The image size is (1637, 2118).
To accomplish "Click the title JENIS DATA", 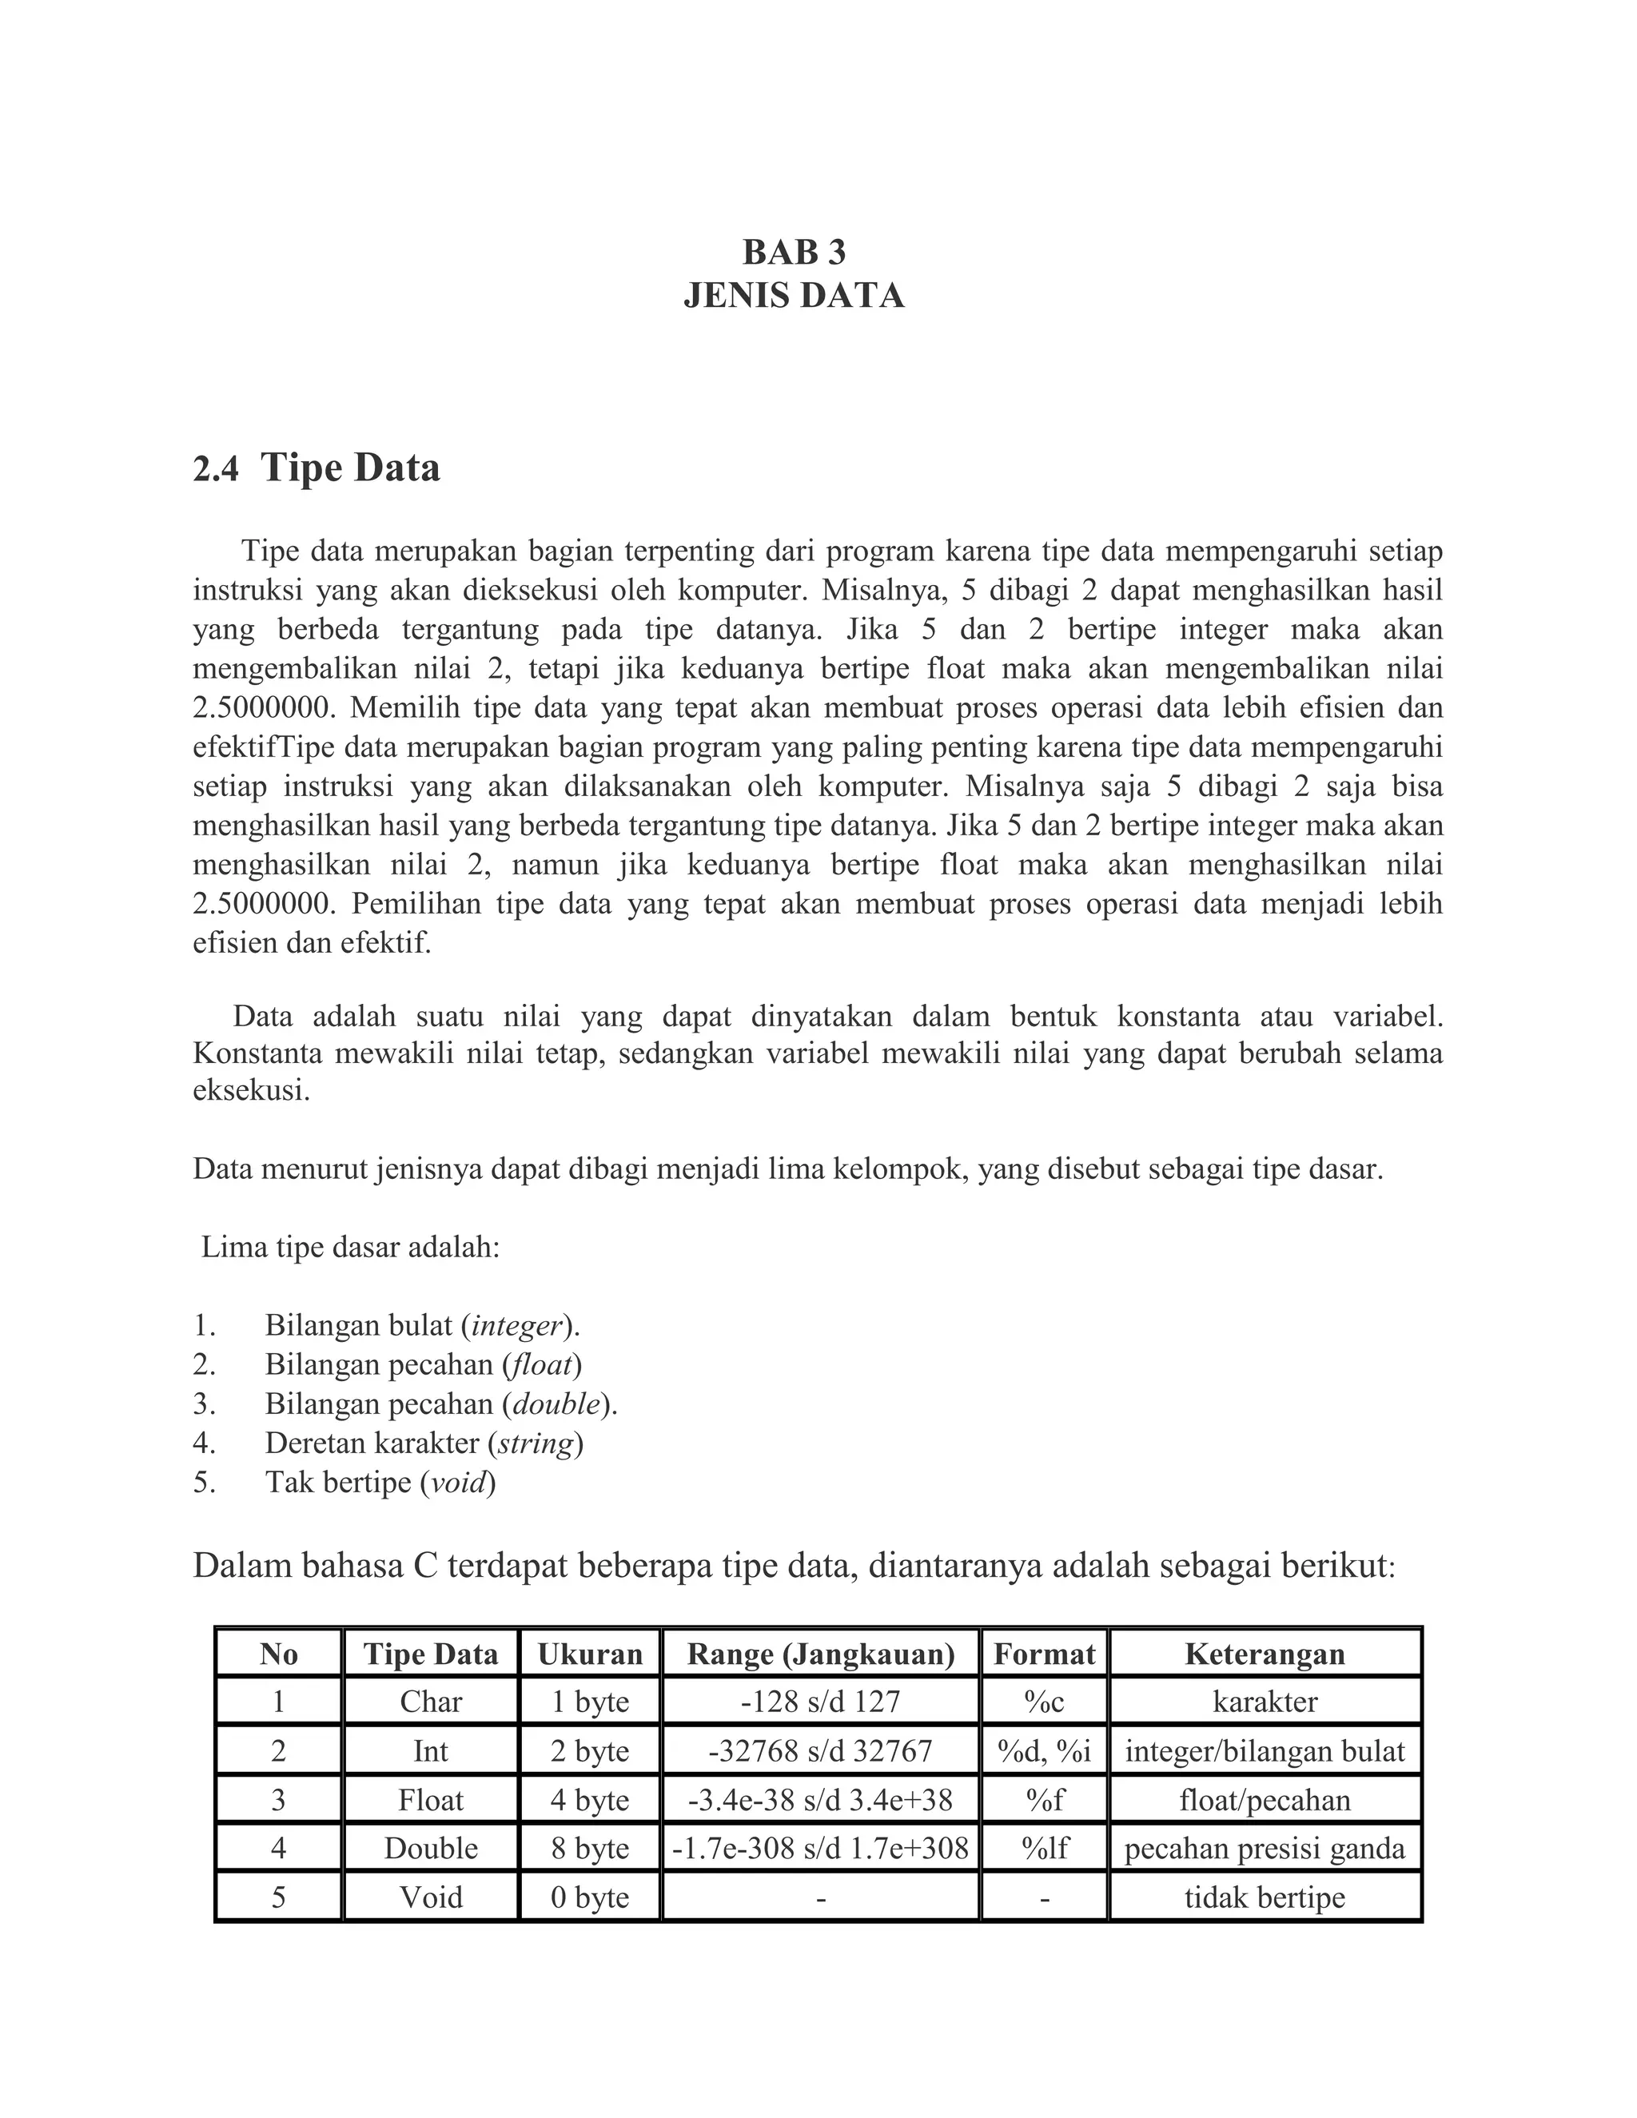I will click(x=793, y=296).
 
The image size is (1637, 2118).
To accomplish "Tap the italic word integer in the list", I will click(x=517, y=1326).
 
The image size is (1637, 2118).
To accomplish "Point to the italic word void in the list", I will click(x=458, y=1483).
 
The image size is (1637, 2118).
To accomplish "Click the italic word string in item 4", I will click(x=536, y=1443).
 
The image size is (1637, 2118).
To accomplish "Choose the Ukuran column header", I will click(x=590, y=1654).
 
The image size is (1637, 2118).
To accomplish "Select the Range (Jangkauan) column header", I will click(x=820, y=1654).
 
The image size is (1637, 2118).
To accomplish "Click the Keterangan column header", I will click(x=1265, y=1654).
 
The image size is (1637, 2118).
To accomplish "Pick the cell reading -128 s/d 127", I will click(x=820, y=1702).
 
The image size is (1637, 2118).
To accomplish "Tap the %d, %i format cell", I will click(x=1043, y=1751).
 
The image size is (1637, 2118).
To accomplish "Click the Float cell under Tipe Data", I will click(x=431, y=1800).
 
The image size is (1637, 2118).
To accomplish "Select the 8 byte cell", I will click(x=590, y=1849).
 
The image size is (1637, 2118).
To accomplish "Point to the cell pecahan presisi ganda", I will click(x=1265, y=1849).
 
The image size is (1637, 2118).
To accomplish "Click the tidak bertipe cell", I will click(x=1265, y=1897).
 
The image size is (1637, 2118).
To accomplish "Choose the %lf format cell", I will click(x=1043, y=1849).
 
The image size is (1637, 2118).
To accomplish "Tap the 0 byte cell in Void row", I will click(x=590, y=1897).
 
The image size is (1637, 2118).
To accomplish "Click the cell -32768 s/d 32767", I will click(x=820, y=1751).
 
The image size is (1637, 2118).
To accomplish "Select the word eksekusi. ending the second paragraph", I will click(x=251, y=1090).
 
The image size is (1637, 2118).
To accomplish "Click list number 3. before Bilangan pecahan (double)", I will click(x=204, y=1404).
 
